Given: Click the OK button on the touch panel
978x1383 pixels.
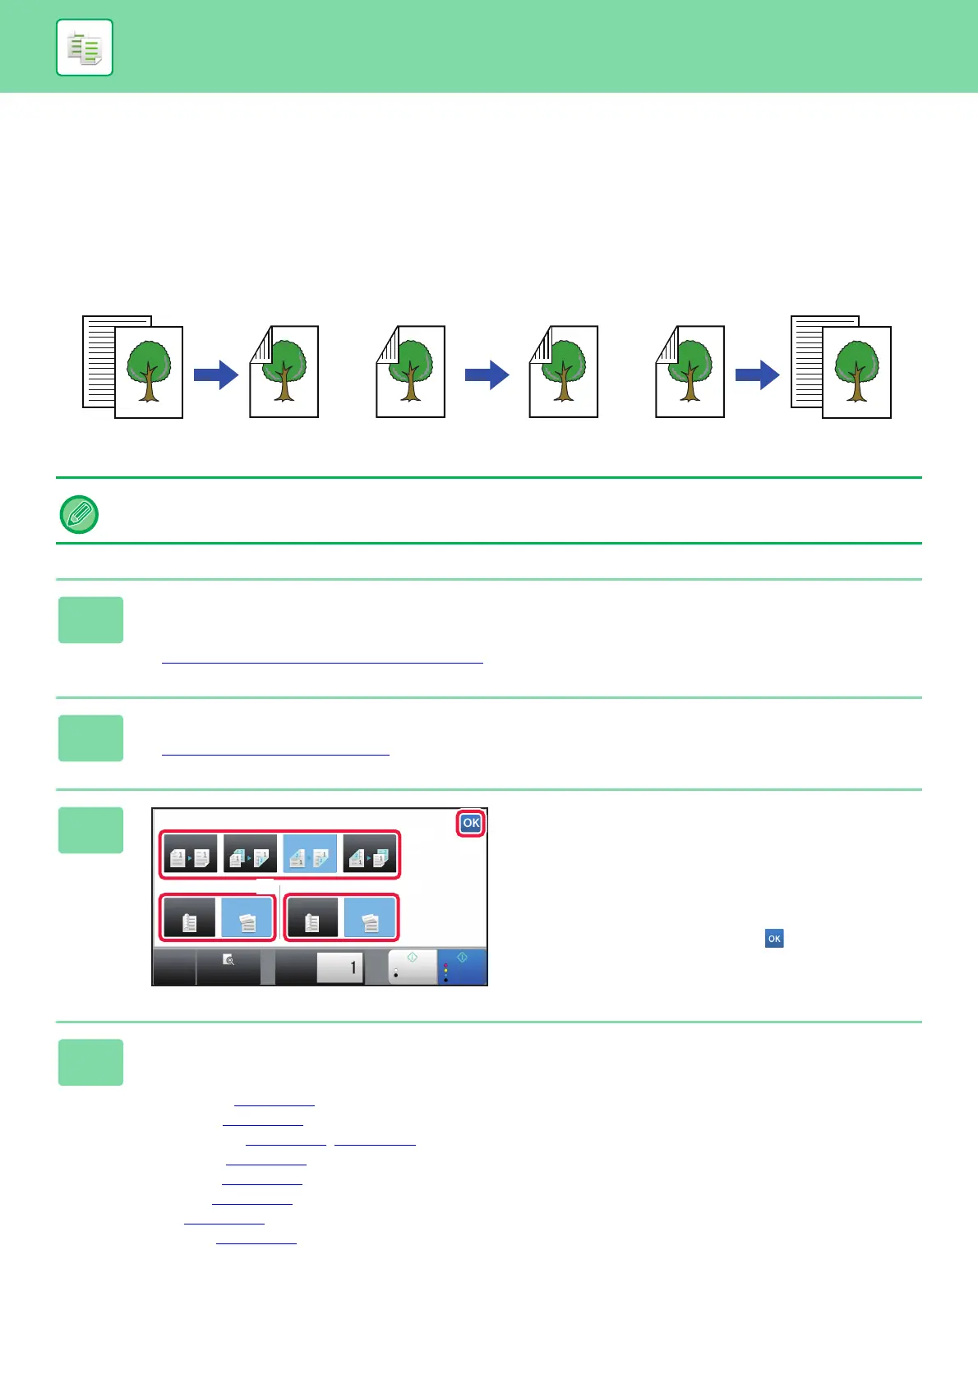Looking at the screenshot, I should pos(471,823).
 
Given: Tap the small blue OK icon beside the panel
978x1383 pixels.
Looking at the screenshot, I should pos(774,939).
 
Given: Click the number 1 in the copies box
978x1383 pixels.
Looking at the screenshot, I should pos(353,967).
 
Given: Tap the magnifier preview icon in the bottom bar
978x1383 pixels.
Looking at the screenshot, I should pos(229,959).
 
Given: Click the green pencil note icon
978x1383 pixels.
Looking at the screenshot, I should pos(80,515).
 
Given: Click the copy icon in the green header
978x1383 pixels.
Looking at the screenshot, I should pos(85,48).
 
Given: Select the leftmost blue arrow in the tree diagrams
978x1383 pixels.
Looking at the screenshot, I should pos(216,375).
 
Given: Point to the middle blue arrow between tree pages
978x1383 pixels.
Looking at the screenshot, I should pos(487,375).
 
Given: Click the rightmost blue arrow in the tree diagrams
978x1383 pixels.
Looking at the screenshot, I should pos(758,375).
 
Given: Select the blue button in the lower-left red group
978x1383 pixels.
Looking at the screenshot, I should pos(247,918).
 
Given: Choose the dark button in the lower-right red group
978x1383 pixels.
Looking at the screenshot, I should pos(311,918).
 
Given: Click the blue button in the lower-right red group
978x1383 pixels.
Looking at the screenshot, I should pos(370,918).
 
